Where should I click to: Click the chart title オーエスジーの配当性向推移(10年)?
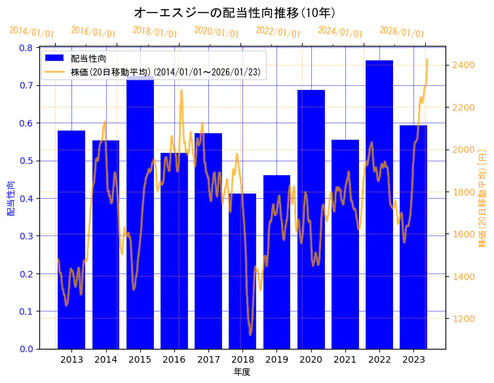tap(235, 13)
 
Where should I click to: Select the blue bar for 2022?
tap(379, 203)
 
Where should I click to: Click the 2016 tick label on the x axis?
tap(174, 359)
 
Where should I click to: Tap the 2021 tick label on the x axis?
tap(345, 359)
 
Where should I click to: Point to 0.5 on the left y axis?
tap(26, 161)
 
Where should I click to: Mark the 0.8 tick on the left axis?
tap(26, 48)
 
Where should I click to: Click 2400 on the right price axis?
tap(463, 65)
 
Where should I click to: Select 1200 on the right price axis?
tap(463, 319)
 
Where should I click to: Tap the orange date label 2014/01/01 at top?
tap(32, 32)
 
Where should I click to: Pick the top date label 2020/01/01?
tap(217, 32)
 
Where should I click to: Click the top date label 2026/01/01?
tap(402, 32)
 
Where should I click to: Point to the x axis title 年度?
tap(242, 372)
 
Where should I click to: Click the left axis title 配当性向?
tap(10, 198)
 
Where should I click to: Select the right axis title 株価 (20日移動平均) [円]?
tap(482, 198)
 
